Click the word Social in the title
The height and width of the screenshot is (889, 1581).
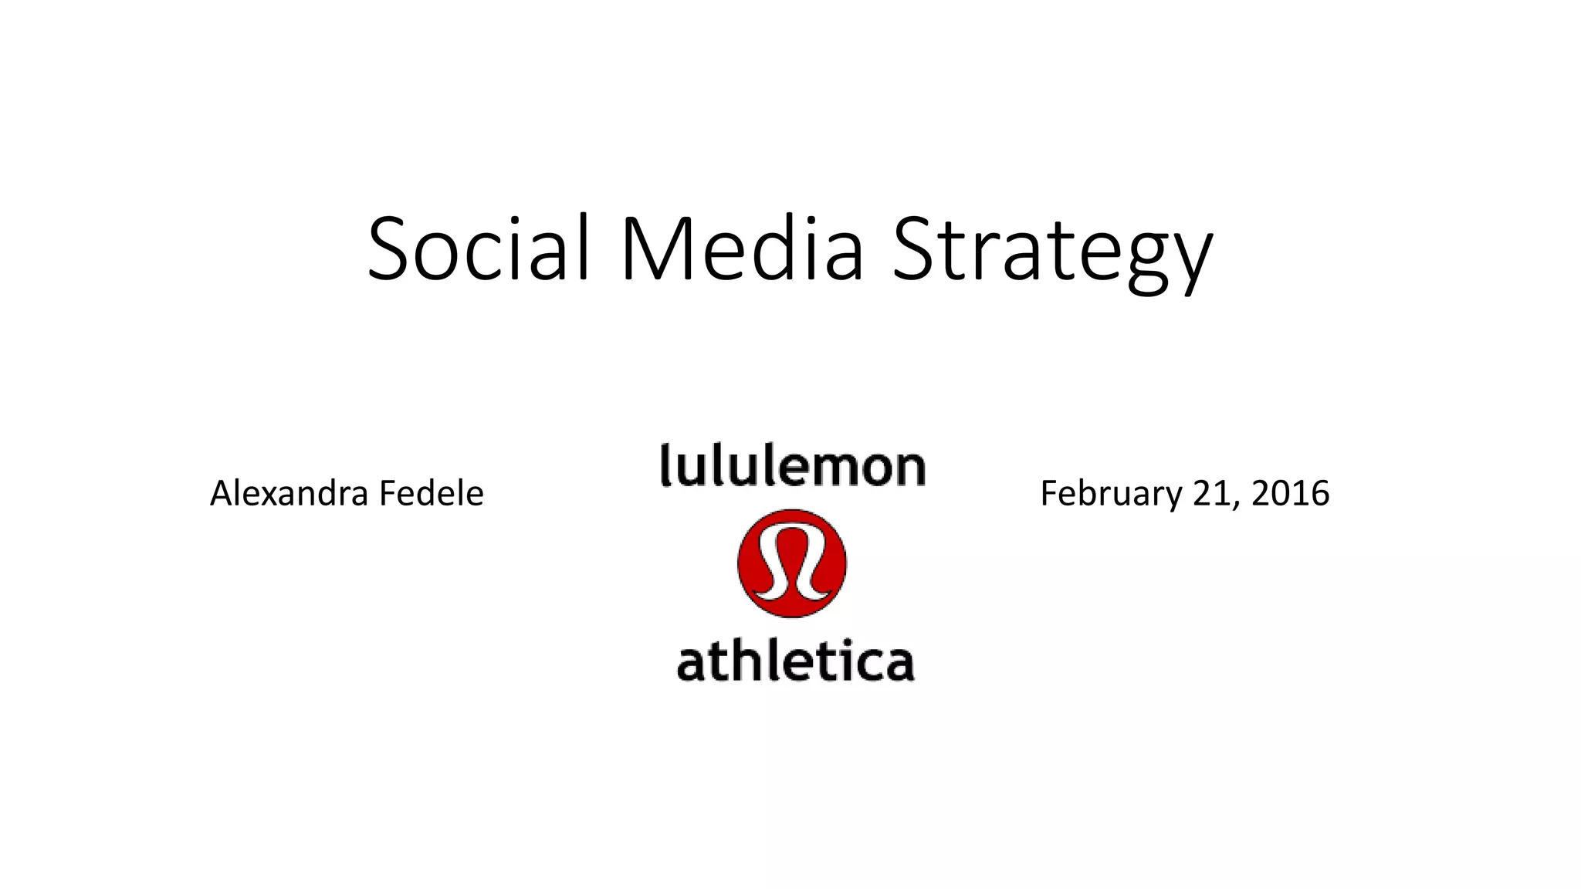(479, 248)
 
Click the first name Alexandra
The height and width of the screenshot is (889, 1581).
(288, 493)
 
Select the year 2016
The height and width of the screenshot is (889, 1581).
(1290, 493)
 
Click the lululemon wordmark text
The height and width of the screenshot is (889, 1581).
(793, 466)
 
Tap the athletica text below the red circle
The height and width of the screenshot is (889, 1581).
(795, 663)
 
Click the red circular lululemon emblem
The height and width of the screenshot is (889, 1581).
(792, 563)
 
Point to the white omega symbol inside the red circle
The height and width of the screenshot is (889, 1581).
(792, 563)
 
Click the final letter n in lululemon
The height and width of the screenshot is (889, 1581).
(910, 470)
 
